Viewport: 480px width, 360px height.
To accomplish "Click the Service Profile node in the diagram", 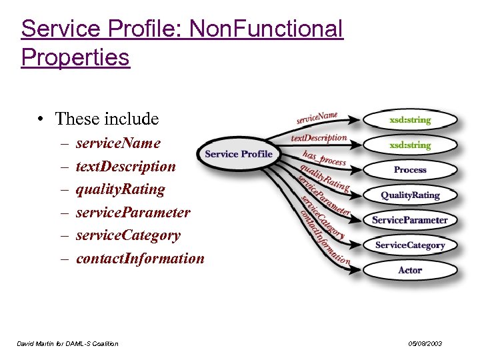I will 238,154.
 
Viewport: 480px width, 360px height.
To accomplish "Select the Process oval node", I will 410,170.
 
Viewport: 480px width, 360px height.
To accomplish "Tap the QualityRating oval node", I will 410,195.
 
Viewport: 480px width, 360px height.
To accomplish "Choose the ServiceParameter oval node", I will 410,220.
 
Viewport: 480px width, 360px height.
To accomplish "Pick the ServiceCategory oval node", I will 410,245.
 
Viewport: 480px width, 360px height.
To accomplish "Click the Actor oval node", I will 410,270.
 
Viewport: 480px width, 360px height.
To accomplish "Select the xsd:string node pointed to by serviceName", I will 410,120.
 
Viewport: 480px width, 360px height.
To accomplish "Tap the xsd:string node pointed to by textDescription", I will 410,145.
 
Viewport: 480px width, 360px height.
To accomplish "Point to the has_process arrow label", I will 324,158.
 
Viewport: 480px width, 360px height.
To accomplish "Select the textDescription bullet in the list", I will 125,167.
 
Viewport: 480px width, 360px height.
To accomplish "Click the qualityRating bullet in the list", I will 120,189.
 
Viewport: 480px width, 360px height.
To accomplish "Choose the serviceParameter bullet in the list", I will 133,213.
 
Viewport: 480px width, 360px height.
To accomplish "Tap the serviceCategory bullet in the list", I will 128,235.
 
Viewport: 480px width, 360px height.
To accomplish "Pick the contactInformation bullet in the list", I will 140,259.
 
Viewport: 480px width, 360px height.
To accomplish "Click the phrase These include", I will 107,119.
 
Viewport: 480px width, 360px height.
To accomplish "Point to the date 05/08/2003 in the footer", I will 425,344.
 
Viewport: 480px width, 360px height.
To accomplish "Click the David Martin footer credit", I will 67,344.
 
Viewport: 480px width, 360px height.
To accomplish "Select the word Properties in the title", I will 75,57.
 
